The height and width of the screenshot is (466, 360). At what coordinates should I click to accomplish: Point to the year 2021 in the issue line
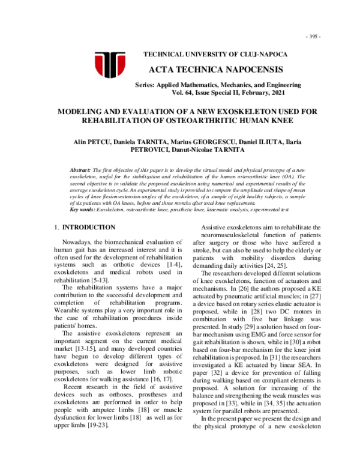(x=281, y=94)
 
